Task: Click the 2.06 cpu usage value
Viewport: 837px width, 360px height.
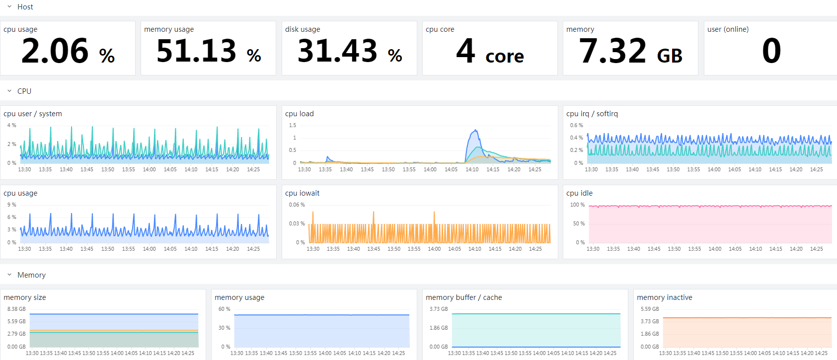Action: pyautogui.click(x=55, y=51)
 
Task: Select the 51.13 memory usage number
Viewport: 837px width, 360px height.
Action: pyautogui.click(x=196, y=51)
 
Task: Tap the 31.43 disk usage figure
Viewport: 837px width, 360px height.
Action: pyautogui.click(x=337, y=51)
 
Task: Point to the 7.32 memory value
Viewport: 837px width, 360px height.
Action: pyautogui.click(x=612, y=51)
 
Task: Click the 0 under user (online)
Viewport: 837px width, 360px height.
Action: pyautogui.click(x=771, y=51)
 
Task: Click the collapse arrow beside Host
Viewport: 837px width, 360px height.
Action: pyautogui.click(x=9, y=7)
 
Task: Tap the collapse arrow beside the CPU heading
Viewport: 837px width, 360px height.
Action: pyautogui.click(x=9, y=91)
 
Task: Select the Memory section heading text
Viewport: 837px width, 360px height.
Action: pyautogui.click(x=31, y=275)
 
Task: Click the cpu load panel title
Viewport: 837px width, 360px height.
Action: pyautogui.click(x=300, y=114)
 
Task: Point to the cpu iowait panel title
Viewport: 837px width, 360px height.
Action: pyautogui.click(x=303, y=193)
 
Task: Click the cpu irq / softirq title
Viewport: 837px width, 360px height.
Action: pyautogui.click(x=592, y=114)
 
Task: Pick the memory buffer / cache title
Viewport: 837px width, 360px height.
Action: pyautogui.click(x=464, y=297)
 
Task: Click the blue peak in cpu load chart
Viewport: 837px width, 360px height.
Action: pyautogui.click(x=475, y=130)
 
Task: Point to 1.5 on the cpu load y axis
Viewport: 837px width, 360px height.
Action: pyautogui.click(x=293, y=125)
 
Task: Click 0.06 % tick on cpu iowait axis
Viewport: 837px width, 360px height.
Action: pyautogui.click(x=297, y=205)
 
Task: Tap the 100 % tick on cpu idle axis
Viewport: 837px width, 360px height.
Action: pyautogui.click(x=577, y=205)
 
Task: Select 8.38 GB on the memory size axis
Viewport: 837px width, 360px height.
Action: pyautogui.click(x=16, y=309)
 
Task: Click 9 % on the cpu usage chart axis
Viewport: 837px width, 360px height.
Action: pyautogui.click(x=11, y=205)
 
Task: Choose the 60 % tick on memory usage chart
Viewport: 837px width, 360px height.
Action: pyautogui.click(x=224, y=309)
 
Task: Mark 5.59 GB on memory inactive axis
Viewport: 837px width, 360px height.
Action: pyautogui.click(x=650, y=309)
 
